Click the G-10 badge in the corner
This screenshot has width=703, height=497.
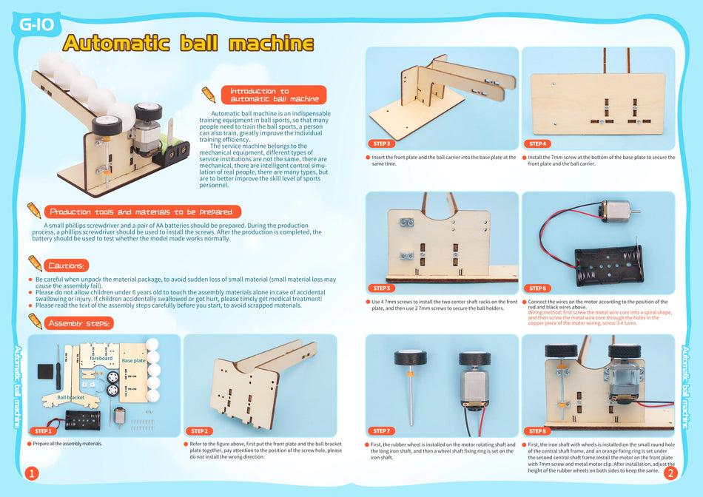coord(36,25)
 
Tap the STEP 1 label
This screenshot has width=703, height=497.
coord(43,430)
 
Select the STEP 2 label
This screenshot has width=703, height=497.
coord(199,430)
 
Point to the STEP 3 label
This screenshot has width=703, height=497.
coord(382,143)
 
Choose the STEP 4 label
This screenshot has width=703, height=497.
coord(538,143)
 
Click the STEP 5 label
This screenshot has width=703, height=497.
coord(382,288)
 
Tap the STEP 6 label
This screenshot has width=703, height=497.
coord(538,288)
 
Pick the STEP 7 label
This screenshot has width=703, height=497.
coord(382,430)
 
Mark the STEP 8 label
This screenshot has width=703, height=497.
coord(538,430)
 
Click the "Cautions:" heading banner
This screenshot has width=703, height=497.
coord(67,266)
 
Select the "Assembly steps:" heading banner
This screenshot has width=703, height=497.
coord(79,323)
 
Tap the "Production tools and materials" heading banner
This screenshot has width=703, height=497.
coord(141,212)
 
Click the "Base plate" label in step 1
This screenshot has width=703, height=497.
coord(134,361)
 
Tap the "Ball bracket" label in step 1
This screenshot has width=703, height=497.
coord(70,397)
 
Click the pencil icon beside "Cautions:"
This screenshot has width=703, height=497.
coord(35,263)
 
